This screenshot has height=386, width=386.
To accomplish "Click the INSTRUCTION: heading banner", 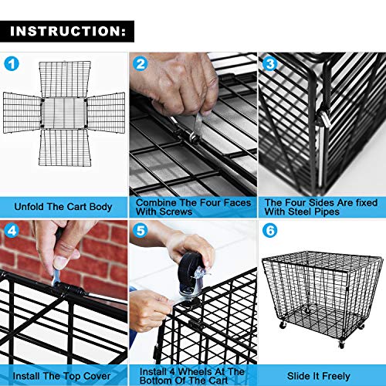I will pos(67,32).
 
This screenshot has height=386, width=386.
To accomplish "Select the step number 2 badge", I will pos(141,63).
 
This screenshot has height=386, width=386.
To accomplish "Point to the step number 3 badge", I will pos(269,63).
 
